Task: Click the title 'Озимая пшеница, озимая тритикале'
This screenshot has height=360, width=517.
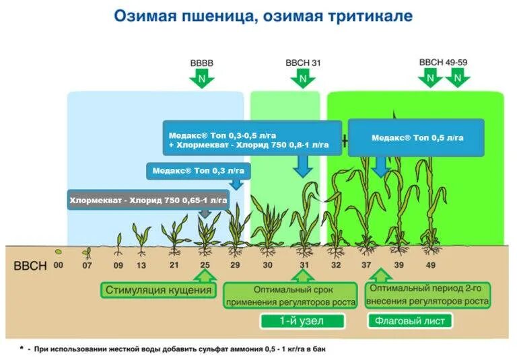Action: [263, 16]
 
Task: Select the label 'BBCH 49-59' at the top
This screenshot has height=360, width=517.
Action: [443, 62]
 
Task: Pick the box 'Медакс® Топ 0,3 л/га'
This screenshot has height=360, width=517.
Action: [197, 171]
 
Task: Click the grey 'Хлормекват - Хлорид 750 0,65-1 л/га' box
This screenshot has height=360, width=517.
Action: [148, 200]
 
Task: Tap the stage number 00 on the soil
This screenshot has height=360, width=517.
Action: [59, 265]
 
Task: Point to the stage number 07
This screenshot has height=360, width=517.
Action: [87, 265]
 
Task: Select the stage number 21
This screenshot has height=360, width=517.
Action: [174, 265]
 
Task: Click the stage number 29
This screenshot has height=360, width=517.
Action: [234, 265]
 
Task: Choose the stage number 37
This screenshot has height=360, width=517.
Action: [368, 265]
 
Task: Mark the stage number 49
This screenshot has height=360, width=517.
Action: [429, 265]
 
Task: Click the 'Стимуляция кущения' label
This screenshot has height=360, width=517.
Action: [159, 291]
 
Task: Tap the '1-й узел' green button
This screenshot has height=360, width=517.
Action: [302, 320]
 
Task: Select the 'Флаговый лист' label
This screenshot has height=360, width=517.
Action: [409, 320]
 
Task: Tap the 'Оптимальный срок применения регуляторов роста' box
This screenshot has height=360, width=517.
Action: [289, 296]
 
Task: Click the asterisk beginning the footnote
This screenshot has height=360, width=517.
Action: [22, 348]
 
